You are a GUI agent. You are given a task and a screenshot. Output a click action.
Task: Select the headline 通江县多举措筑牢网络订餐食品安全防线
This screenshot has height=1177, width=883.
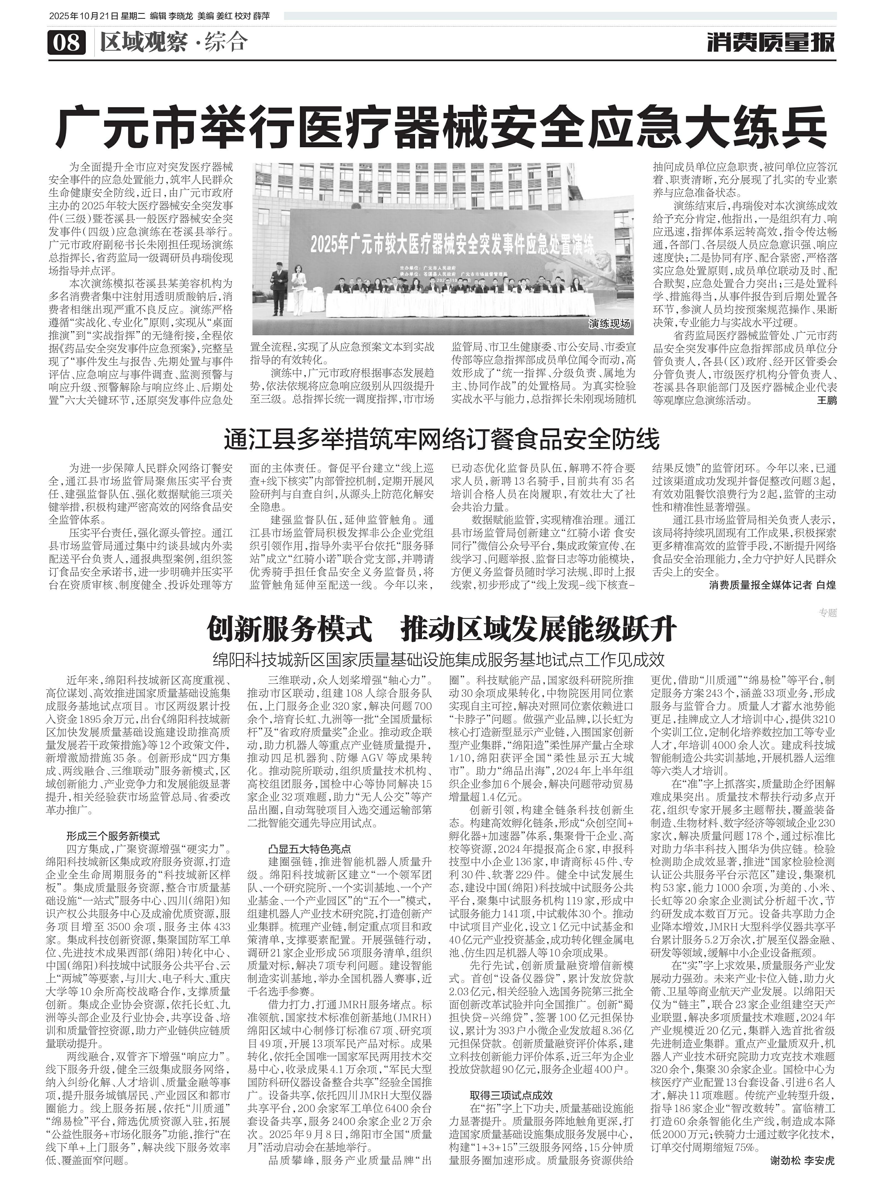[441, 438]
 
